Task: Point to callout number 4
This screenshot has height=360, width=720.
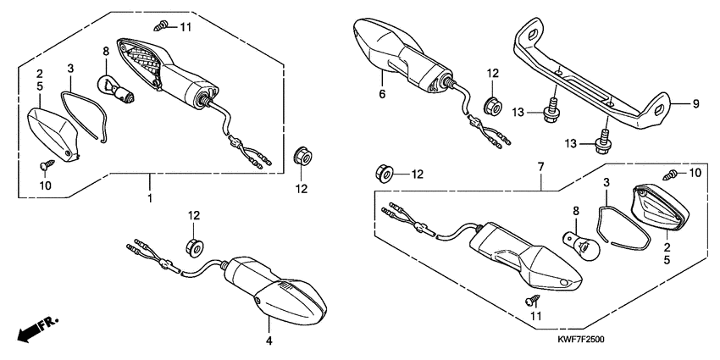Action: pos(269,341)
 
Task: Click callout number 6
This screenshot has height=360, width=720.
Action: pos(382,94)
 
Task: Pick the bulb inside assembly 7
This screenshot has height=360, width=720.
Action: pos(582,246)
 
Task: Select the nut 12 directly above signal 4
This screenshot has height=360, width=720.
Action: pos(194,246)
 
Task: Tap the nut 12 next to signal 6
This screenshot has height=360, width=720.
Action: pos(490,106)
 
